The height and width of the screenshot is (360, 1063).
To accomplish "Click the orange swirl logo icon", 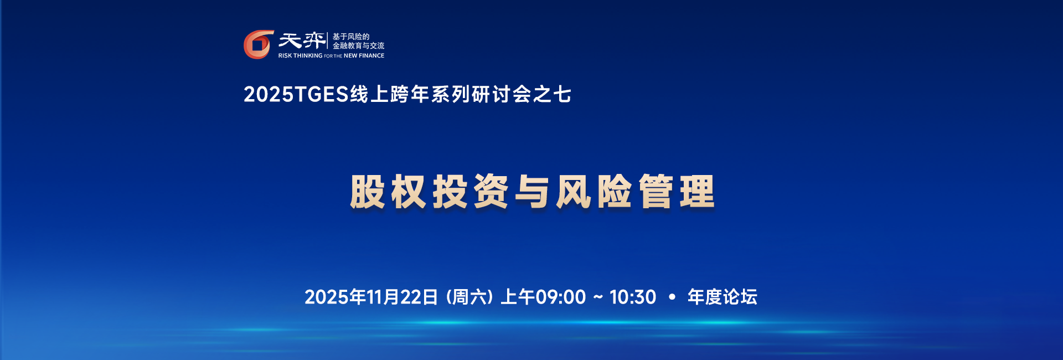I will click(258, 44).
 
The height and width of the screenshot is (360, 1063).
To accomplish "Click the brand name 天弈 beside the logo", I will click(302, 40).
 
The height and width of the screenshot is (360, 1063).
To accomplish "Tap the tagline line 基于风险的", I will click(350, 37).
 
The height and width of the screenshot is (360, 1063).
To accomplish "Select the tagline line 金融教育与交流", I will click(358, 46).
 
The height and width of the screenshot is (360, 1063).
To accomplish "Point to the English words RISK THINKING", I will click(300, 56).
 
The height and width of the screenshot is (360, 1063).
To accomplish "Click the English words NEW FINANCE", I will click(364, 56).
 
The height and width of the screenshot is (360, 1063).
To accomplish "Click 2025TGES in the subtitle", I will click(296, 95).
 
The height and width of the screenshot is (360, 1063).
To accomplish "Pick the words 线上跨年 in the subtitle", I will click(390, 95).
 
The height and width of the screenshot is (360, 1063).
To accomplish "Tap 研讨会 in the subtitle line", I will click(501, 95).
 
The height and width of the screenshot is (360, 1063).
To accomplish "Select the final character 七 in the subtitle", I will click(562, 95).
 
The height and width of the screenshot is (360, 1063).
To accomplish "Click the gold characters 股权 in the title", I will click(388, 192).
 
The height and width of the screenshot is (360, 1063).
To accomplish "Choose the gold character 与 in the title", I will click(532, 192).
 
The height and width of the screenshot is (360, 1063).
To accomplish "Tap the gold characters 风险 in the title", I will click(594, 192).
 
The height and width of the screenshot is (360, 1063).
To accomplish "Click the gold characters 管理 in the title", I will click(677, 192).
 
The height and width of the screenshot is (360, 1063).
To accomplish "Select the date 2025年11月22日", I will click(371, 297).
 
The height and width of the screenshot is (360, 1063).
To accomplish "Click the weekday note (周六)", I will click(469, 297).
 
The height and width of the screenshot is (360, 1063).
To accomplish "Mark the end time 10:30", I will click(633, 297).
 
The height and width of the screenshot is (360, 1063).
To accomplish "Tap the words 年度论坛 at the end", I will click(722, 297).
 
